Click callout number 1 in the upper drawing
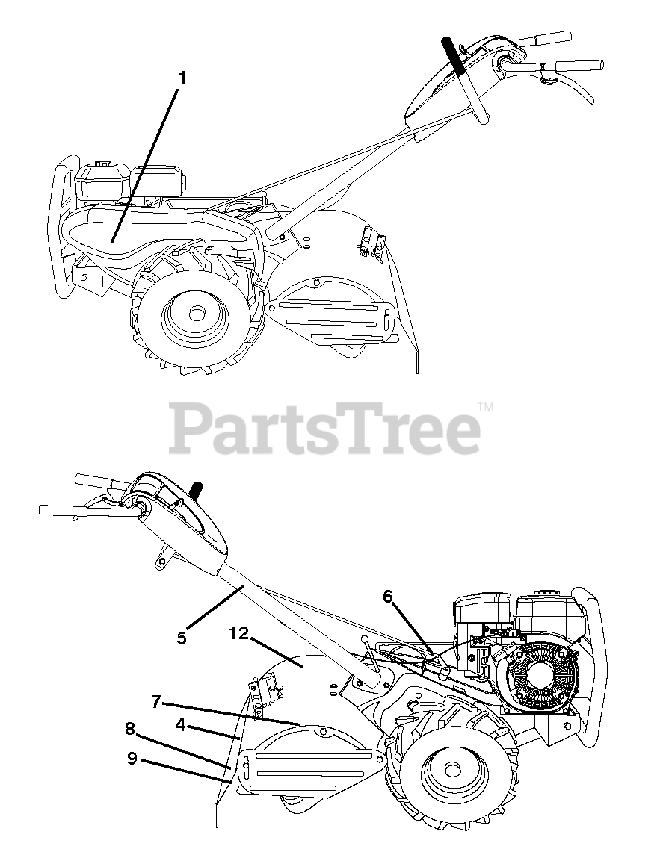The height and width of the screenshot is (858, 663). (183, 77)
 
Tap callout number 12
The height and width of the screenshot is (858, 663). (238, 634)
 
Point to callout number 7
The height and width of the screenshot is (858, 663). (156, 701)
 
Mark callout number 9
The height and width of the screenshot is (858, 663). (132, 758)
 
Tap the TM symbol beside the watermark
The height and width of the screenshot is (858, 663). (486, 408)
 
